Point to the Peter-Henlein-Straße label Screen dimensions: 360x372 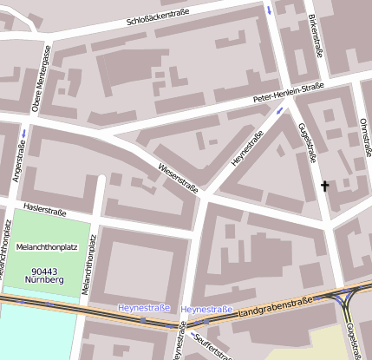[x=288, y=92]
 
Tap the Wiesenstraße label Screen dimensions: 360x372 [x=179, y=177]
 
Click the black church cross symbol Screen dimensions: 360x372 [x=326, y=186]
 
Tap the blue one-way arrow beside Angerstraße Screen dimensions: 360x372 [x=23, y=133]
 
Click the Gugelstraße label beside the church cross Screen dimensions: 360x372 [x=307, y=143]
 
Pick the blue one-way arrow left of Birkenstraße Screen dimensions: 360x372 [x=270, y=10]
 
